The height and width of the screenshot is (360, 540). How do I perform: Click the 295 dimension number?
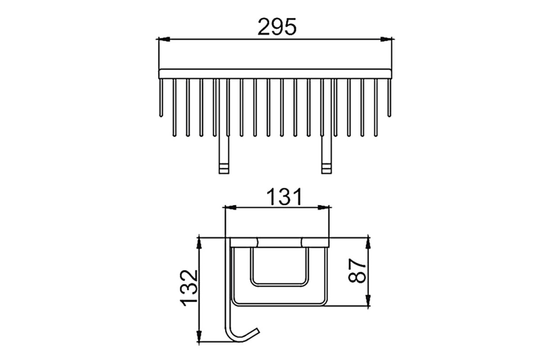(x=277, y=27)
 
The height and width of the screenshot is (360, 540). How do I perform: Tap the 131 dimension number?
(x=284, y=197)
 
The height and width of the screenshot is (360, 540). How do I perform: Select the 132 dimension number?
(x=189, y=288)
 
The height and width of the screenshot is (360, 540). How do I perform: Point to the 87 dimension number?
(x=357, y=270)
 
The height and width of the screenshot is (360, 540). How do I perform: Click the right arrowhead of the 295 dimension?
(x=386, y=39)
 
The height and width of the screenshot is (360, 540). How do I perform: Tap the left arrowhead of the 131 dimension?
(x=230, y=207)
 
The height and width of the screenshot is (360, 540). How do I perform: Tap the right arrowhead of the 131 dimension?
(x=324, y=207)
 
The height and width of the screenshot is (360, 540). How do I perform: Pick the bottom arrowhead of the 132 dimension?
(x=199, y=336)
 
